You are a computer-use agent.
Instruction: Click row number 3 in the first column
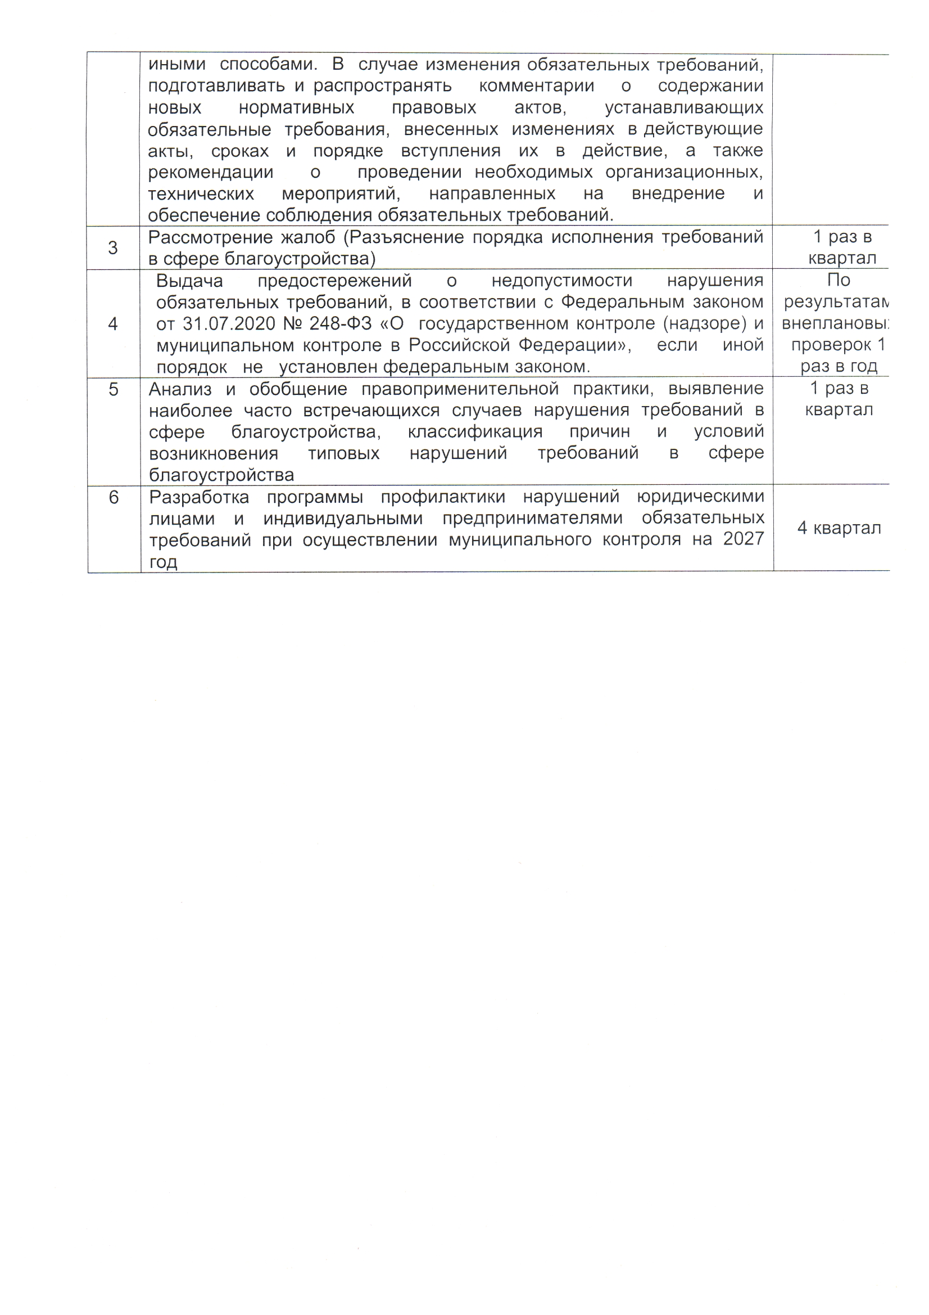point(113,248)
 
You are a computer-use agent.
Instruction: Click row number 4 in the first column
point(113,324)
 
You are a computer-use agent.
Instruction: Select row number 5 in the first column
point(114,389)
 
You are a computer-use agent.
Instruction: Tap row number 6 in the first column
point(114,497)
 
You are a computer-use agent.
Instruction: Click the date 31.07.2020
point(228,324)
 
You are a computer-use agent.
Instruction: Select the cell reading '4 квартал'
point(839,528)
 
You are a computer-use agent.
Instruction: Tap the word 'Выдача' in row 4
point(189,281)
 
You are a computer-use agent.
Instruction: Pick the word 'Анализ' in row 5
point(180,389)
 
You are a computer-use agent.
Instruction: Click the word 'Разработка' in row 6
point(199,497)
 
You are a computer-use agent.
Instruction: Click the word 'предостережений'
point(334,281)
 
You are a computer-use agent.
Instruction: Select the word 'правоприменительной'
point(460,389)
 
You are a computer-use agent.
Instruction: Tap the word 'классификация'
point(475,432)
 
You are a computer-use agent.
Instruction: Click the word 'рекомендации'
point(211,173)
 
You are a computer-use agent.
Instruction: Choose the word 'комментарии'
point(536,87)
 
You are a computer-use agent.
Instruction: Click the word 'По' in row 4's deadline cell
point(839,280)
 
